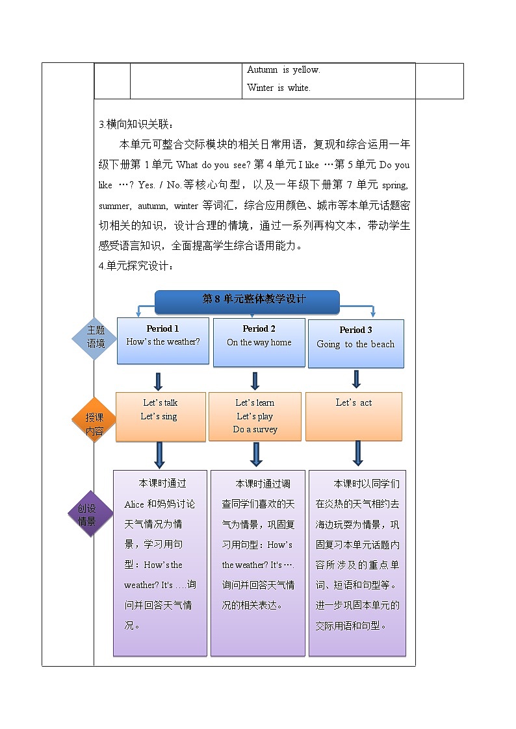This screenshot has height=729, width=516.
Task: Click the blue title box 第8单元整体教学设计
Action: [247, 300]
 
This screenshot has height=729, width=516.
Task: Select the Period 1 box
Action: [162, 340]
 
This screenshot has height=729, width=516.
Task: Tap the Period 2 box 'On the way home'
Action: [259, 341]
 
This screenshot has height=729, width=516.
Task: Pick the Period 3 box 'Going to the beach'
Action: [355, 343]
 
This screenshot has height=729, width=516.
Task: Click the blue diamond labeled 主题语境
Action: [96, 337]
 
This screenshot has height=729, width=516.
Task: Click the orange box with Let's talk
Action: [161, 416]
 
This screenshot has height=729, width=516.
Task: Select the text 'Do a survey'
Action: [255, 430]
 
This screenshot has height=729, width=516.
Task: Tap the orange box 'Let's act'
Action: [354, 416]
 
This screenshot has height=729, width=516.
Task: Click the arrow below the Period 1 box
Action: [158, 381]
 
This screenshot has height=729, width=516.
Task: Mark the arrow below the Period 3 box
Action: [356, 379]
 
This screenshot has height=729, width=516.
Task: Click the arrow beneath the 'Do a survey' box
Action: [256, 454]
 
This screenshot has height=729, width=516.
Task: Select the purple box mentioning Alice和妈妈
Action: [160, 562]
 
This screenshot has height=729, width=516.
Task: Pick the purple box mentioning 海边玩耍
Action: [357, 562]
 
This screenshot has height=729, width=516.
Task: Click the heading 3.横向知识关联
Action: [135, 125]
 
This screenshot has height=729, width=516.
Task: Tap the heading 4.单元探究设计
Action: [135, 266]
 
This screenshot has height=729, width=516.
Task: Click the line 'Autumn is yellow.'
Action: [283, 70]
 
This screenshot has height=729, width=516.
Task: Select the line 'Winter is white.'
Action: [278, 88]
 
